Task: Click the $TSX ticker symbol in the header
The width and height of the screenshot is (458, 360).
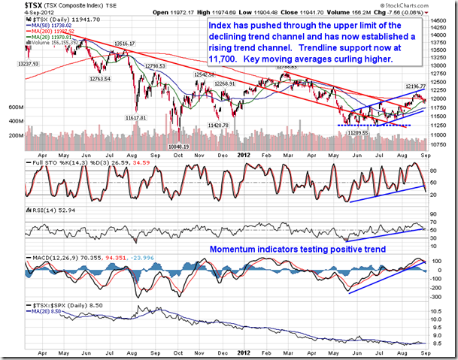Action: (12, 5)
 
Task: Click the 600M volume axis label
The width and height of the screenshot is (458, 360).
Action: (17, 108)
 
